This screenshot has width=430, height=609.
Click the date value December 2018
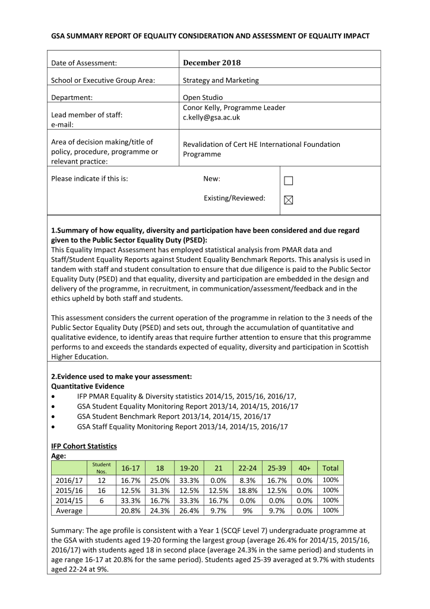coord(211,62)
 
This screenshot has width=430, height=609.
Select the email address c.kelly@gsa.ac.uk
coord(211,118)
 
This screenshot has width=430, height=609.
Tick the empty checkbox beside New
coord(288,181)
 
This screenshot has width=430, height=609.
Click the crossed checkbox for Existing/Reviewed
coord(288,200)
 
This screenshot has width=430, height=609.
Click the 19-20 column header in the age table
coord(188,468)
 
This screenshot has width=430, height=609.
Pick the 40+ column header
coord(304,468)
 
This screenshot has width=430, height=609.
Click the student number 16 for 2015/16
coord(102,490)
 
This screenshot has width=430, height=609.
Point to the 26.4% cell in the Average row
coord(188,510)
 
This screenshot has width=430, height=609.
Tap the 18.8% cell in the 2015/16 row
coord(246,490)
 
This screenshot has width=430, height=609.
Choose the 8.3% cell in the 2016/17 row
coord(246,480)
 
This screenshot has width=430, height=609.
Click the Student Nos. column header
coord(102,467)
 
